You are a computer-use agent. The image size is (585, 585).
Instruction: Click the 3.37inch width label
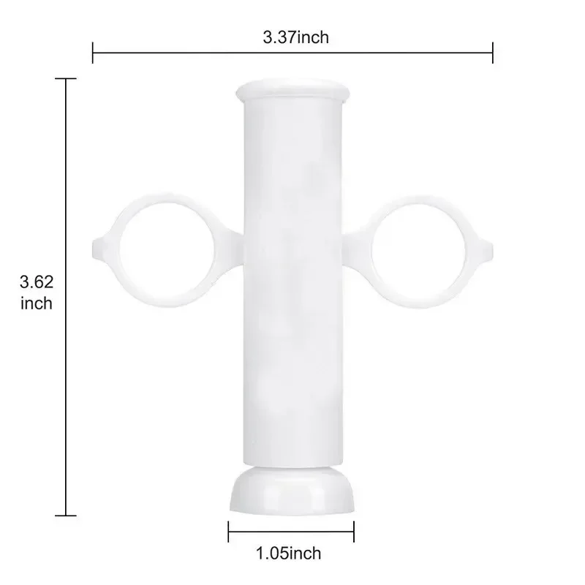296,38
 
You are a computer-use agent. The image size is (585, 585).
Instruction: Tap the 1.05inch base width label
288,554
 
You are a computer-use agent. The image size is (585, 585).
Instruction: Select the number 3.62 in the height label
37,282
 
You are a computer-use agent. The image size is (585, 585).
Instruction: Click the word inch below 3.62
36,303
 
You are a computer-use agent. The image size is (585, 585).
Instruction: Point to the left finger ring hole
167,250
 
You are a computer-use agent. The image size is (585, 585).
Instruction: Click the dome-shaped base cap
292,491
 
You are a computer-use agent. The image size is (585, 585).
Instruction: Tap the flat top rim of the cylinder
293,89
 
